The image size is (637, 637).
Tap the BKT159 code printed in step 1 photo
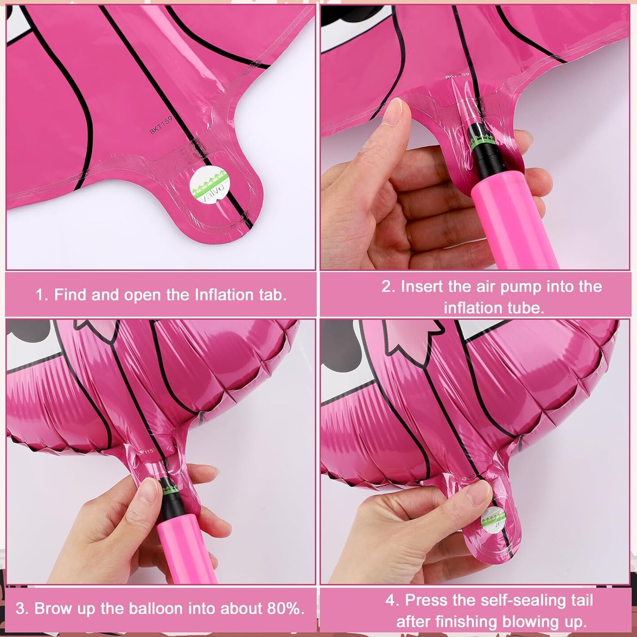[x=160, y=125]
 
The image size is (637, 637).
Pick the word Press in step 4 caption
[x=425, y=600]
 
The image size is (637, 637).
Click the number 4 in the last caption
[x=390, y=600]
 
